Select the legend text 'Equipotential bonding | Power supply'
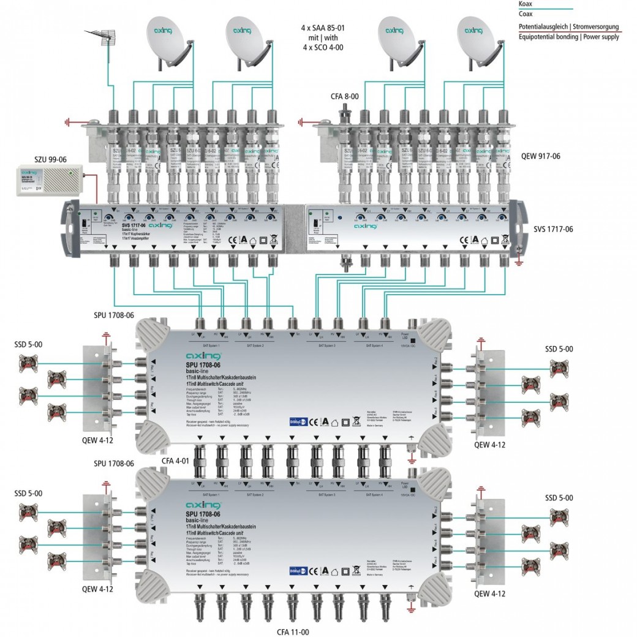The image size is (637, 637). click(x=568, y=37)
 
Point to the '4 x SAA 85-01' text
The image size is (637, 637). click(x=323, y=28)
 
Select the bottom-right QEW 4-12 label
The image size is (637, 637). click(x=490, y=594)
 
